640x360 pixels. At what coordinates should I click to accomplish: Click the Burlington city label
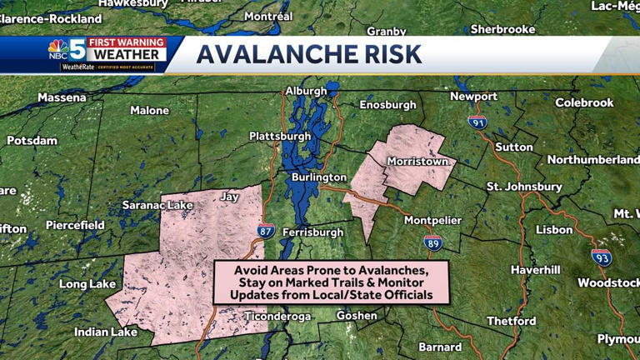[x=318, y=177]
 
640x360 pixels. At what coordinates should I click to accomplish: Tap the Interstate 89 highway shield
[x=432, y=242]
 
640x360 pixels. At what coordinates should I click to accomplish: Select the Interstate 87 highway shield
[x=265, y=232]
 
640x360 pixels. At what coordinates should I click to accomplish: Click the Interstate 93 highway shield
[x=602, y=257]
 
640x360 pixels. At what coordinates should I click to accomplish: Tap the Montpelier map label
[x=432, y=220]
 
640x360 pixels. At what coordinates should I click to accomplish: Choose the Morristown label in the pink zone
[x=417, y=162]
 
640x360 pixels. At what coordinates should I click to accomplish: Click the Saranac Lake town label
[x=157, y=205]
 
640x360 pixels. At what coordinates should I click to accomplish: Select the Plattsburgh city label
[x=280, y=136]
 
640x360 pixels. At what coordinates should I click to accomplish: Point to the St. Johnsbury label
[x=524, y=187]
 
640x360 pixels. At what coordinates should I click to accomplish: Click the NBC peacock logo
[x=57, y=48]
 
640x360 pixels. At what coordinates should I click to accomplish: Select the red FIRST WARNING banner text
[x=127, y=42]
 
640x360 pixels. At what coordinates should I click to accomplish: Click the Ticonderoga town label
[x=277, y=317]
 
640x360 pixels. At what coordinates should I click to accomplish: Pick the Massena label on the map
[x=62, y=97]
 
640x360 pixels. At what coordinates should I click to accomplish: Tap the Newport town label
[x=473, y=97]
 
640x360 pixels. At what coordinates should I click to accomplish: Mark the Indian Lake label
[x=107, y=332]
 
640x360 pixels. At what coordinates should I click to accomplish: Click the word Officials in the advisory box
[x=403, y=296]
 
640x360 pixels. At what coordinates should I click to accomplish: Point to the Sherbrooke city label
[x=502, y=29]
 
